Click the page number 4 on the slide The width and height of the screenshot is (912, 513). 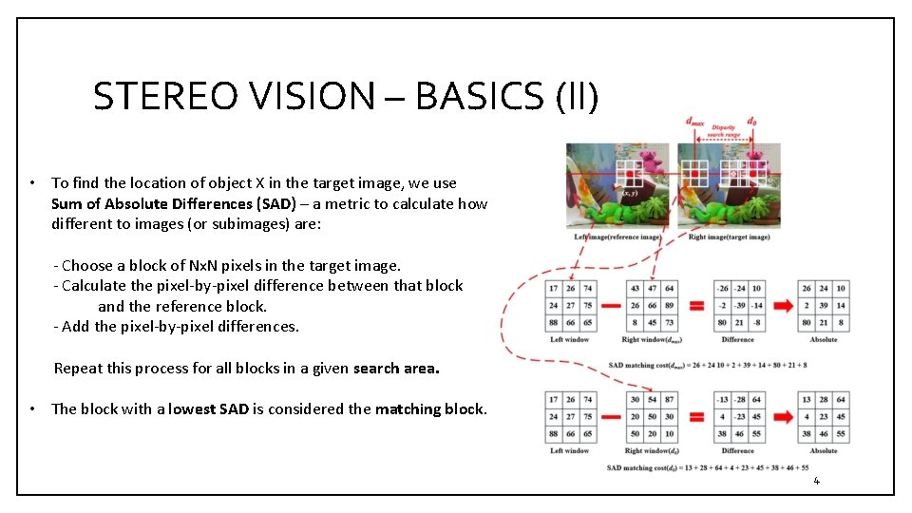815,481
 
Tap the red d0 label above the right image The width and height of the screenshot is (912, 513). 752,122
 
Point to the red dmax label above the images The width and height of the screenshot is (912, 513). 694,122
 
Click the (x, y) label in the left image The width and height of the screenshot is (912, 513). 629,193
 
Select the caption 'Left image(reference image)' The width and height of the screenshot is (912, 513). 617,237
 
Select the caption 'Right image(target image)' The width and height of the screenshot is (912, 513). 728,237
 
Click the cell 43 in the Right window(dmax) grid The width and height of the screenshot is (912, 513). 635,288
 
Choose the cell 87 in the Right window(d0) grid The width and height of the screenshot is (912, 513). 670,399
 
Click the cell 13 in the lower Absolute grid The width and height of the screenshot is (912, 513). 807,399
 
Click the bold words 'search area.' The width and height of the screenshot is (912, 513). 396,369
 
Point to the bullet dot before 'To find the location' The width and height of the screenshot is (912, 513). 32,183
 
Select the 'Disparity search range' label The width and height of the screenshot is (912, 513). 724,130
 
